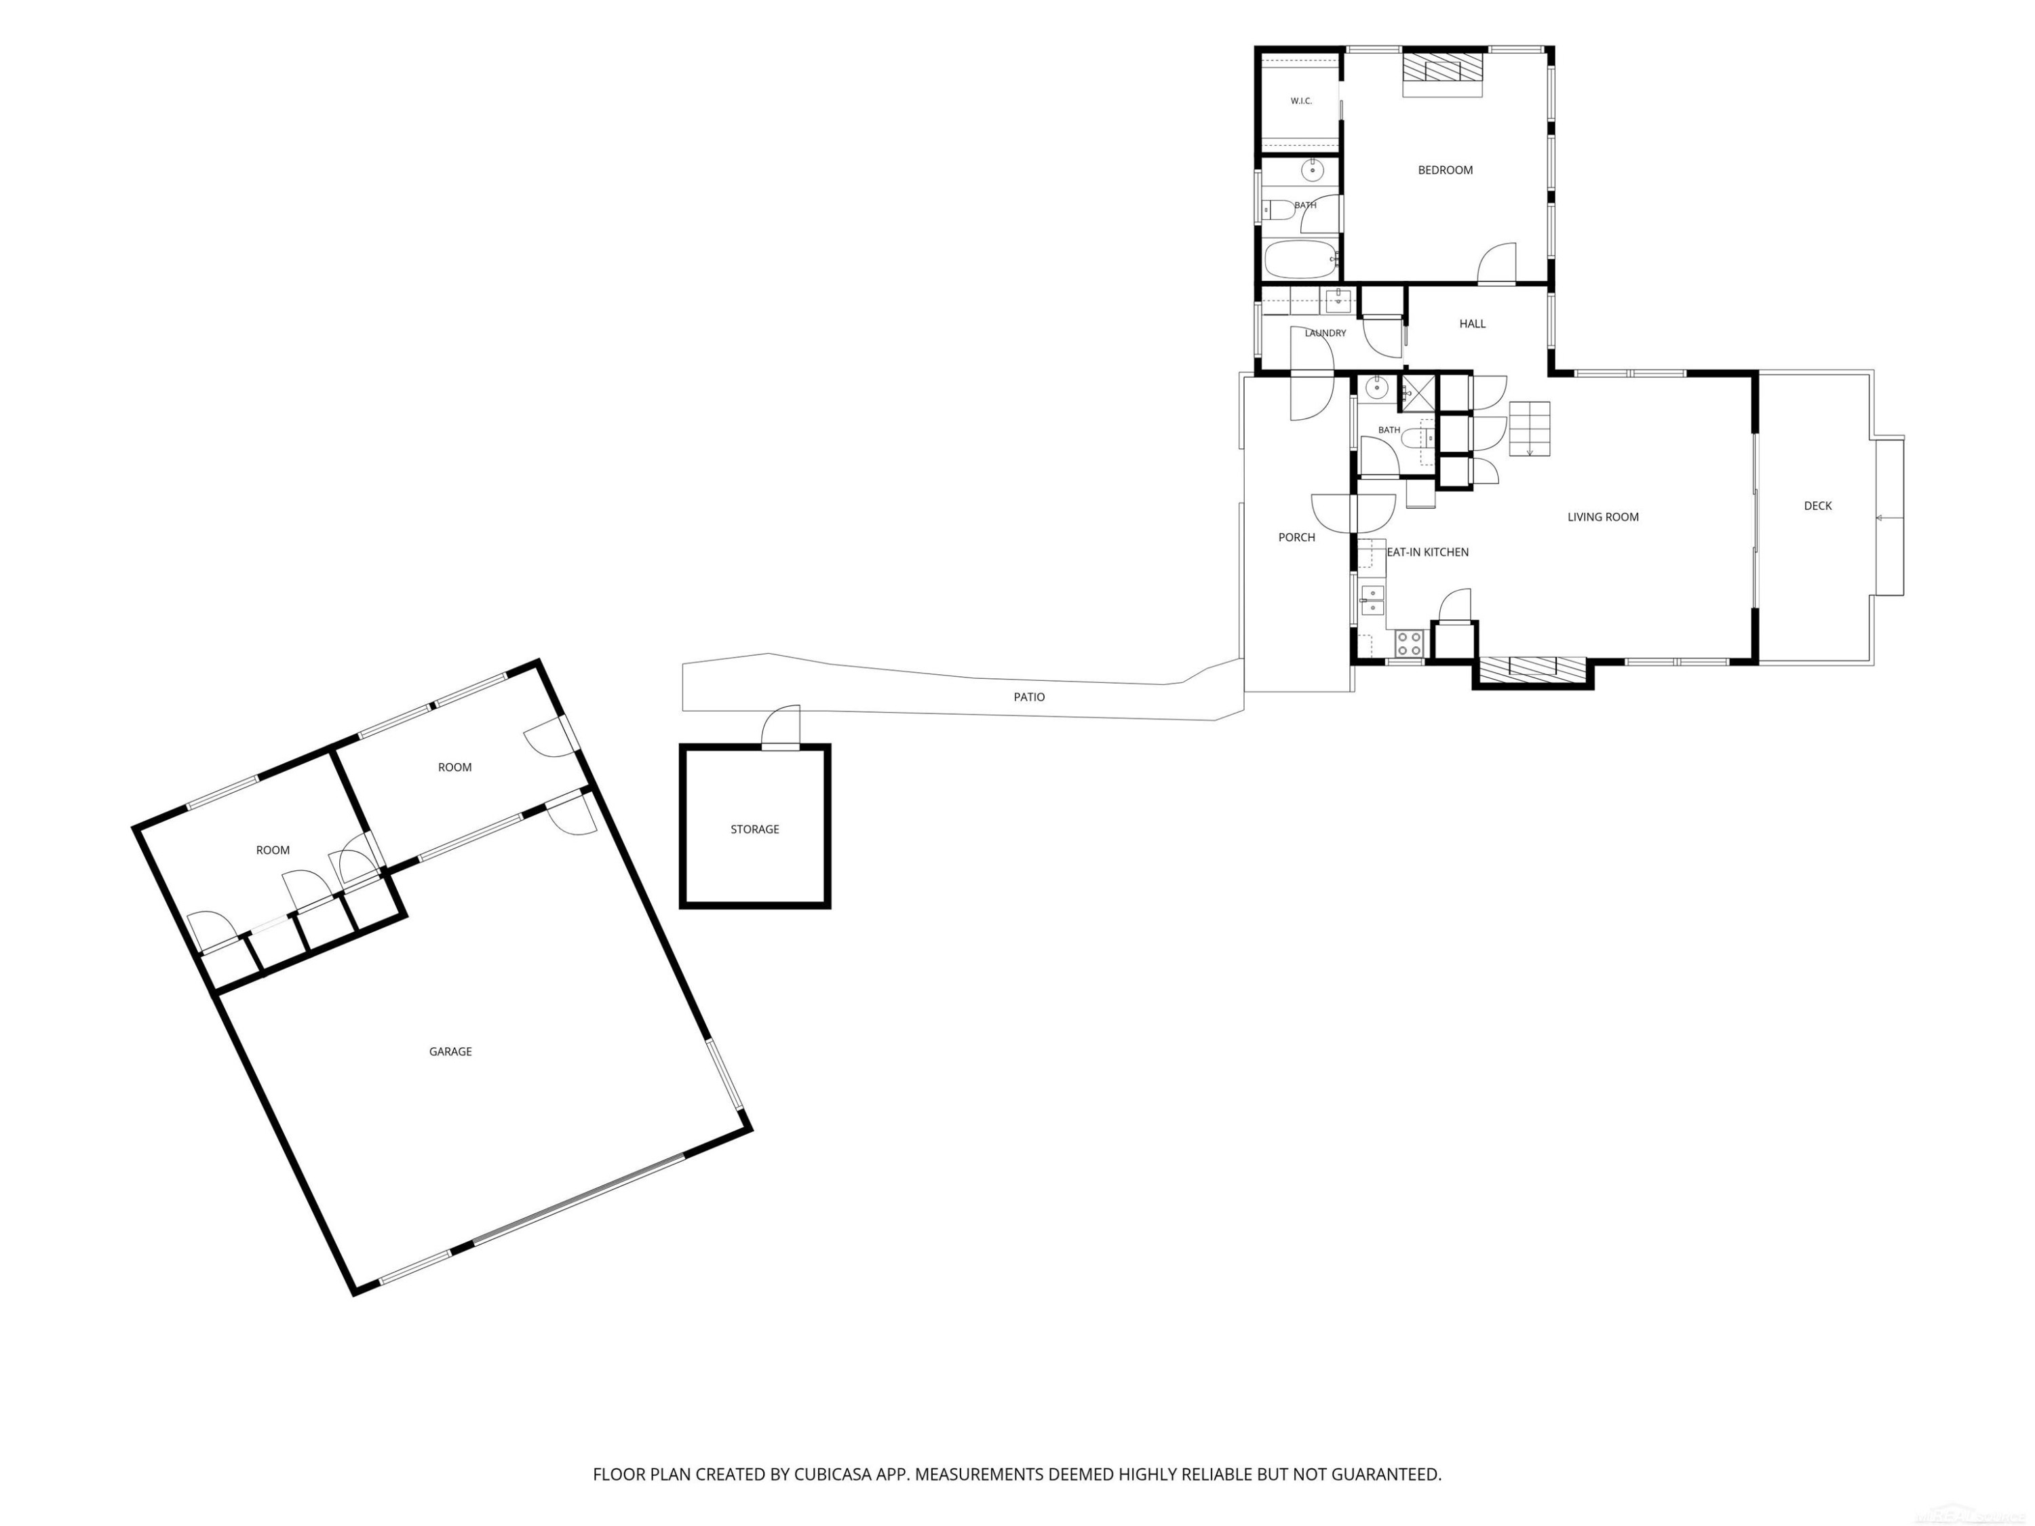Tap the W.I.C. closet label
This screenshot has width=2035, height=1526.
point(1301,101)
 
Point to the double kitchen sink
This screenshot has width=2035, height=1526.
point(1372,600)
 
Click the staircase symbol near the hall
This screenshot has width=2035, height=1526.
point(1529,429)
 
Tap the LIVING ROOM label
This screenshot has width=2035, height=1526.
point(1603,517)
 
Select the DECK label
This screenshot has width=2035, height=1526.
point(1817,506)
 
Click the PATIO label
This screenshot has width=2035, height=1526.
point(1028,697)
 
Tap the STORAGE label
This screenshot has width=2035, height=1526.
point(754,829)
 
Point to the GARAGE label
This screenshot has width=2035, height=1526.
point(450,1051)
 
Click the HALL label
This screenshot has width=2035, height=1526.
point(1472,324)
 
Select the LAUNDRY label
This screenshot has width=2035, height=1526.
point(1325,333)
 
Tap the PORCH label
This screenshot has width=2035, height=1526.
point(1296,537)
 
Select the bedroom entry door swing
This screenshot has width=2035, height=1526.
point(1496,263)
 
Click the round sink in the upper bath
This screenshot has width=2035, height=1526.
point(1312,170)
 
